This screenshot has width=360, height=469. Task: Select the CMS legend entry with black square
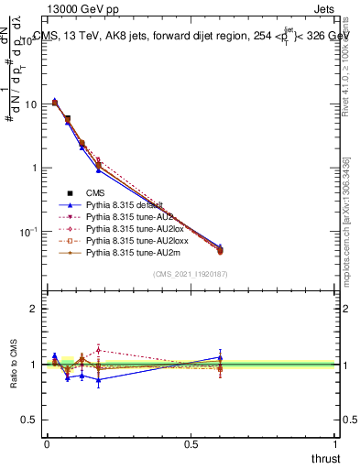click(x=96, y=192)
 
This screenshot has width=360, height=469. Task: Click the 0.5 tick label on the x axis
click(x=191, y=444)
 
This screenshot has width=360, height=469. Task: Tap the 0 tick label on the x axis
click(x=47, y=444)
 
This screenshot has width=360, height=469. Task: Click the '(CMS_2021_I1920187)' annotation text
click(x=191, y=273)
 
